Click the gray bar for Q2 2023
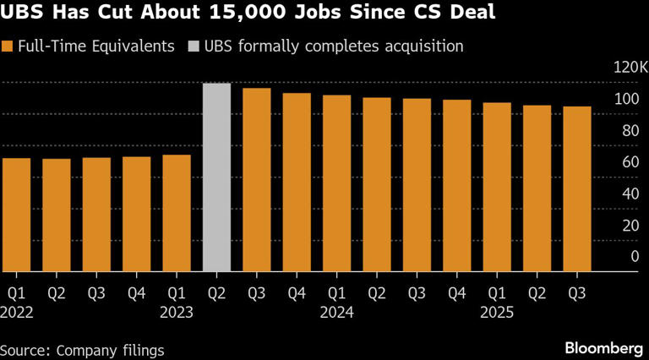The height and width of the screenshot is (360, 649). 216,177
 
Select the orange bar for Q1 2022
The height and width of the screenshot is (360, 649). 17,215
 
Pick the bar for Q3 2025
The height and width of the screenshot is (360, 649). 577,189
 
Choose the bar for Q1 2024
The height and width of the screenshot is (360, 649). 336,183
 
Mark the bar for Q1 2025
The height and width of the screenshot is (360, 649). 497,187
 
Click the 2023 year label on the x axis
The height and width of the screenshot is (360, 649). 177,311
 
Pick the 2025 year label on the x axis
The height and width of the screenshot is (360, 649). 497,311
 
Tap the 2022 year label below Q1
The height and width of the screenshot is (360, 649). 17,311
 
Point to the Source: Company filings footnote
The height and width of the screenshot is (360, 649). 82,349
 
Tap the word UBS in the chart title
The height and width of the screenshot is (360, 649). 20,14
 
